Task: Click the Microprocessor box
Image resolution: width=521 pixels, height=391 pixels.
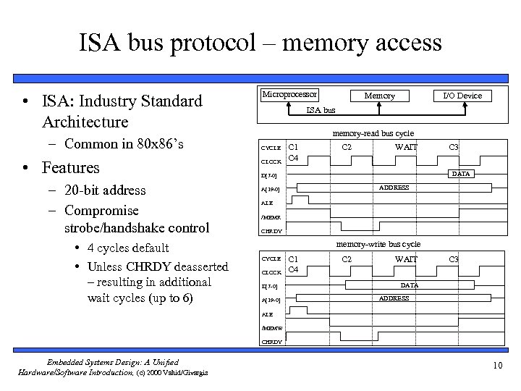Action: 289,95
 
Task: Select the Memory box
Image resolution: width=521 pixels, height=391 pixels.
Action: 379,96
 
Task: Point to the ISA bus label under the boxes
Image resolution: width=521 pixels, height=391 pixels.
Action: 321,110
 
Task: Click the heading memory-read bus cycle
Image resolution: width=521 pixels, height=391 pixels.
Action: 372,133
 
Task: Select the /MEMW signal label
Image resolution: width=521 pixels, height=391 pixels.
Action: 271,328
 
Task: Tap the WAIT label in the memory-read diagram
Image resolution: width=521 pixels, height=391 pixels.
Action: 405,147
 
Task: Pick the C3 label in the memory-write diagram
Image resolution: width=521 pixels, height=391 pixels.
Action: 454,258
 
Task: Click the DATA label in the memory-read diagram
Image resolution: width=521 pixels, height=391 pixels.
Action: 460,174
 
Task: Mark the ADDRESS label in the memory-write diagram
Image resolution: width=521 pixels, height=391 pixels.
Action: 394,298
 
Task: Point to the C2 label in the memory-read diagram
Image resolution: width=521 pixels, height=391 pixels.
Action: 347,147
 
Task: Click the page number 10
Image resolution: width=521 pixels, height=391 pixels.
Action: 497,365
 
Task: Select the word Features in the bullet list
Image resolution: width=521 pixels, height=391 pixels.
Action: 71,167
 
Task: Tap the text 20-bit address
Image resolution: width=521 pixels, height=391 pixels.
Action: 105,190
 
